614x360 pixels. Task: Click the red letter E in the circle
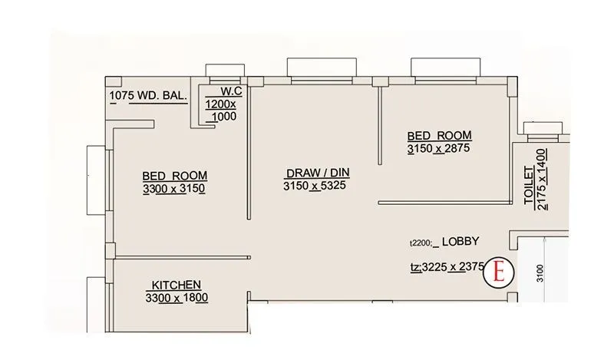(500, 271)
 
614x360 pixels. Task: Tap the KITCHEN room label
(176, 284)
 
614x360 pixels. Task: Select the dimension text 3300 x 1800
(176, 298)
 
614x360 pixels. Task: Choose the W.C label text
(221, 91)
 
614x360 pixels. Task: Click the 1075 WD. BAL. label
(146, 96)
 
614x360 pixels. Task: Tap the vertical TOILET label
(529, 184)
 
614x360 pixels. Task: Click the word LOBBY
(460, 241)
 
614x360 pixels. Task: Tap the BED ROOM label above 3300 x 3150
(175, 175)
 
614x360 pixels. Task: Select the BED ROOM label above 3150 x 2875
(438, 135)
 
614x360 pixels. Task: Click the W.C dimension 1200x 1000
(221, 110)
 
